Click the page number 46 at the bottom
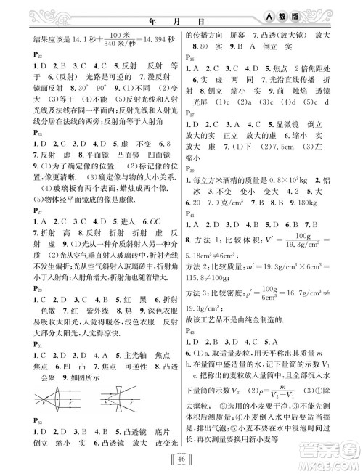coord(181,457)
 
